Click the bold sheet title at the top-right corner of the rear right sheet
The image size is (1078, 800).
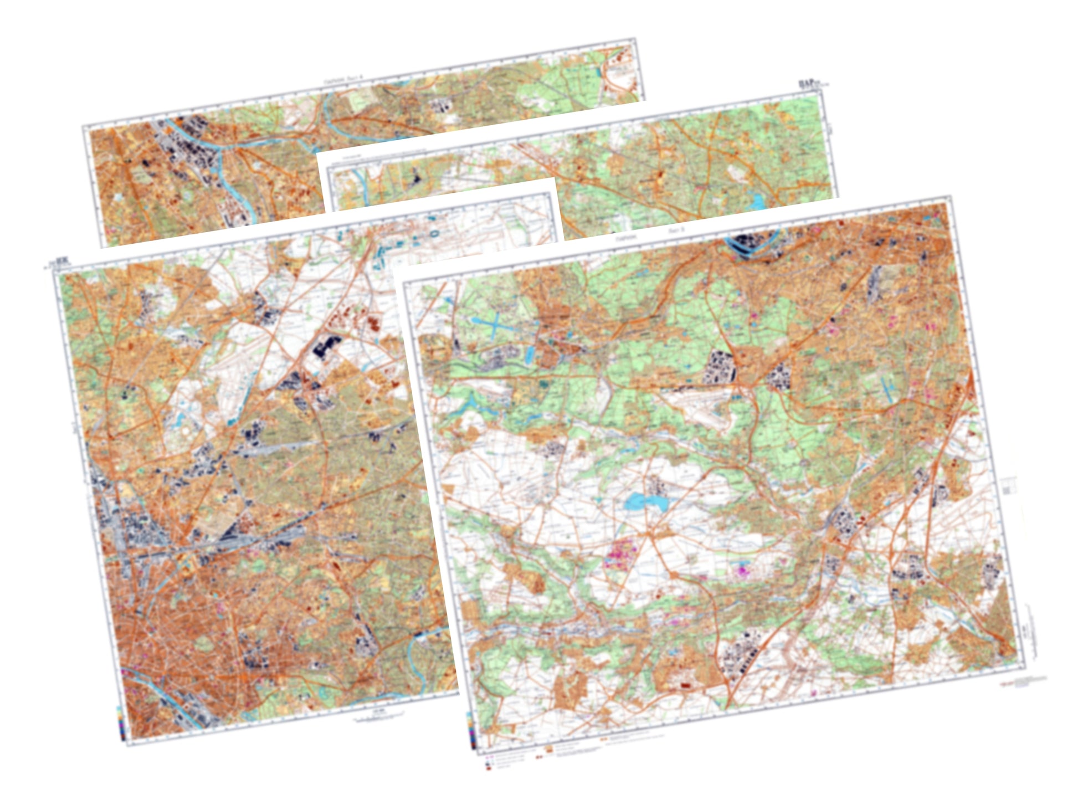point(810,84)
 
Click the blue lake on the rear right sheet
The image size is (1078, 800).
point(757,199)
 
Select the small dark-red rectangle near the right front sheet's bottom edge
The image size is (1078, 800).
point(686,685)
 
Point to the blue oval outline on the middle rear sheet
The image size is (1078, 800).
point(434,234)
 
